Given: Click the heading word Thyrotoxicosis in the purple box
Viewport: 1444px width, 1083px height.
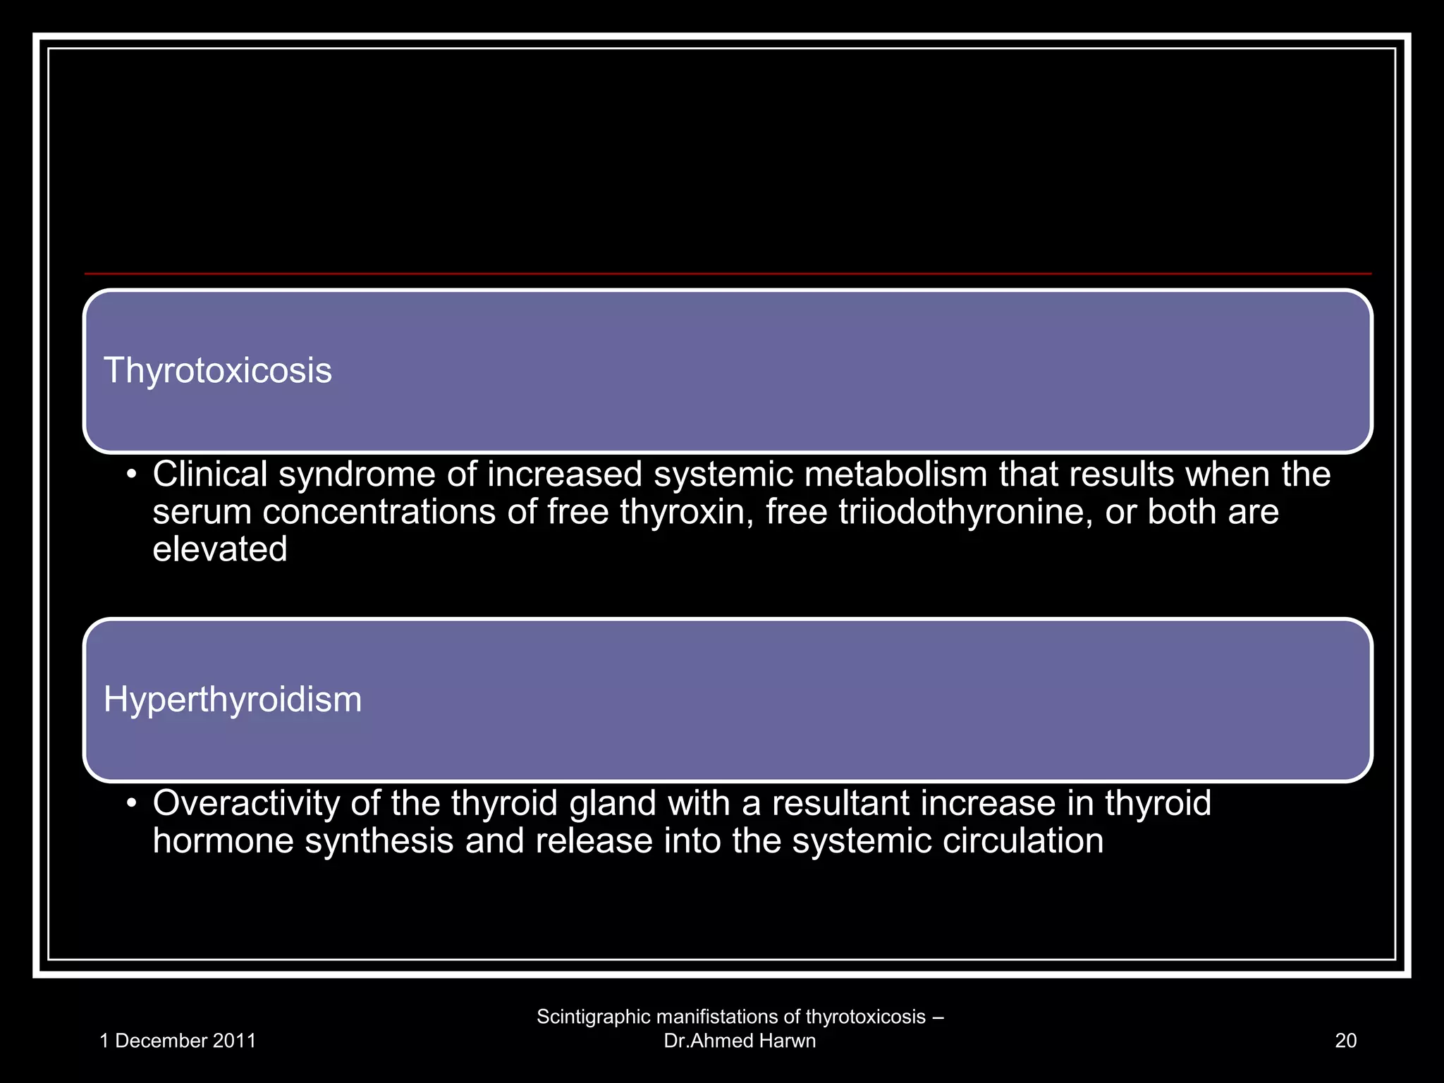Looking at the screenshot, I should click(x=217, y=371).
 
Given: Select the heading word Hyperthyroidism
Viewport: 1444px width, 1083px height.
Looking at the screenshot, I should click(x=232, y=699).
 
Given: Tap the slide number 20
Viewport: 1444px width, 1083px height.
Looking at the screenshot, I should click(x=1345, y=1041).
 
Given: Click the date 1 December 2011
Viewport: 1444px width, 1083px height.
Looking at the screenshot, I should click(x=178, y=1041).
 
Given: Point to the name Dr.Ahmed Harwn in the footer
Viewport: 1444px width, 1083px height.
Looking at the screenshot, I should click(x=740, y=1041).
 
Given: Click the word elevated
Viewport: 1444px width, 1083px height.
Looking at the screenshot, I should click(x=220, y=549).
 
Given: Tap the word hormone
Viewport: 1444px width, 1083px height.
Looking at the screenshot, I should click(x=223, y=841).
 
